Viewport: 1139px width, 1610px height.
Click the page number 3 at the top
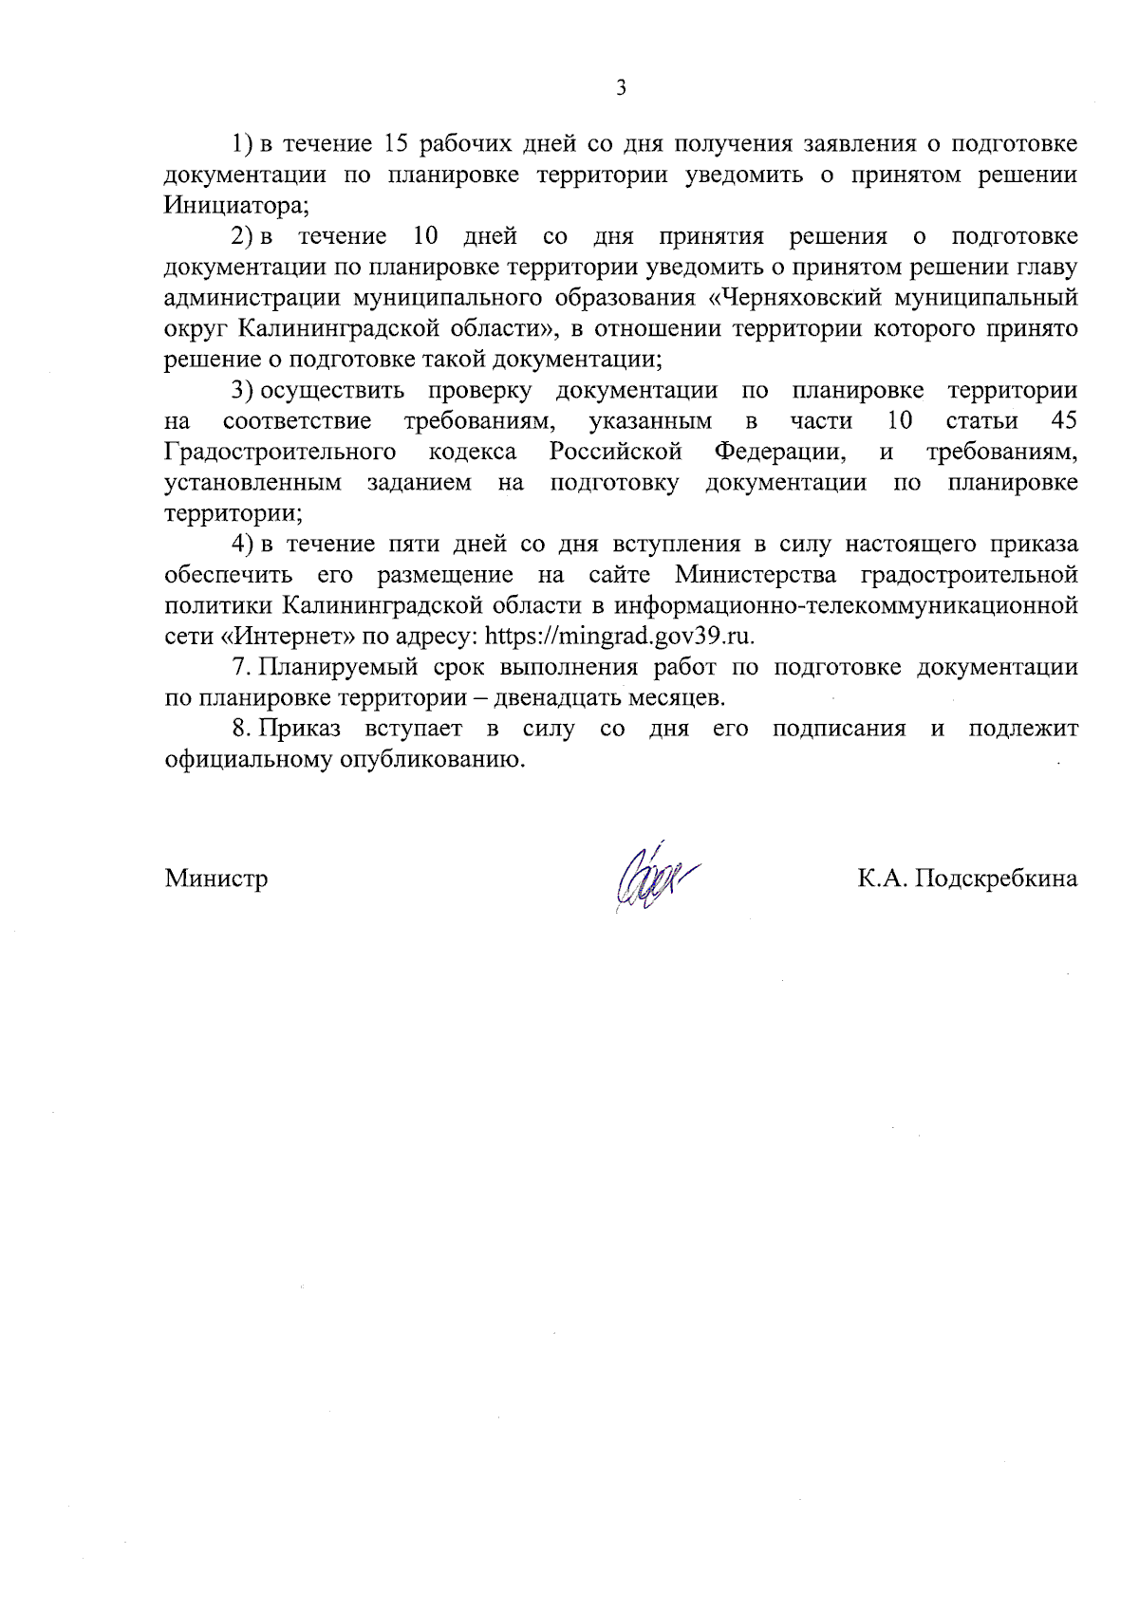coord(621,89)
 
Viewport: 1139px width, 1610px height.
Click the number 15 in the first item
coord(396,144)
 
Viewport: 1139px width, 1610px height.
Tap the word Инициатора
coord(236,206)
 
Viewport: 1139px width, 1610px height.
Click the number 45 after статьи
coord(1064,420)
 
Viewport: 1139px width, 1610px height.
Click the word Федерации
coord(779,452)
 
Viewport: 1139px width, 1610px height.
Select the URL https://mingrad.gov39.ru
coord(620,637)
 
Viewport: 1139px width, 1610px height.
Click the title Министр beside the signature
coord(216,879)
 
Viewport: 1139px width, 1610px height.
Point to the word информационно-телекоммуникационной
coord(847,606)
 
